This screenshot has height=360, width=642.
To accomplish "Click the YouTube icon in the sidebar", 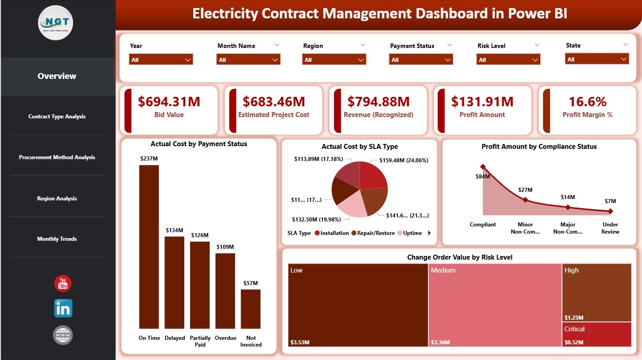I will (63, 283).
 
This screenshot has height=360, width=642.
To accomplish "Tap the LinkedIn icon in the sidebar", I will (63, 308).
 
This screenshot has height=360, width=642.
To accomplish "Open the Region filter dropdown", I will (334, 60).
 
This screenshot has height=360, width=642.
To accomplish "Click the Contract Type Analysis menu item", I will (57, 117).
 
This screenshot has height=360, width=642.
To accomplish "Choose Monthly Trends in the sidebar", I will (57, 239).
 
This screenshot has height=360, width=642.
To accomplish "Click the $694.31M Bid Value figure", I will (169, 102).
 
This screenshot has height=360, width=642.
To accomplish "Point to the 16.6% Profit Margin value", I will (587, 102).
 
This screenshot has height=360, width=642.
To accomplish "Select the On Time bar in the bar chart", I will (149, 247).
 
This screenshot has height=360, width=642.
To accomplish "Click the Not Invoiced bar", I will (251, 309).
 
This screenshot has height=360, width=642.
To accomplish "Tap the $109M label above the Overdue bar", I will (225, 247).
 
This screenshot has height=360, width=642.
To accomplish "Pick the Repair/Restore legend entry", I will (373, 233).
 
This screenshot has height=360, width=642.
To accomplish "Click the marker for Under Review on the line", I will (610, 211).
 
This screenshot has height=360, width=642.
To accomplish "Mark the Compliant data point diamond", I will (483, 167).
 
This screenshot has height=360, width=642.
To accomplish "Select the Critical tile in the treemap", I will (596, 334).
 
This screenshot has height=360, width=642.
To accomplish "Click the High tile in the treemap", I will (596, 292).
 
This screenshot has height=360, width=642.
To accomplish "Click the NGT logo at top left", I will (56, 23).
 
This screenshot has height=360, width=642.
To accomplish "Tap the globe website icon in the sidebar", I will (63, 335).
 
